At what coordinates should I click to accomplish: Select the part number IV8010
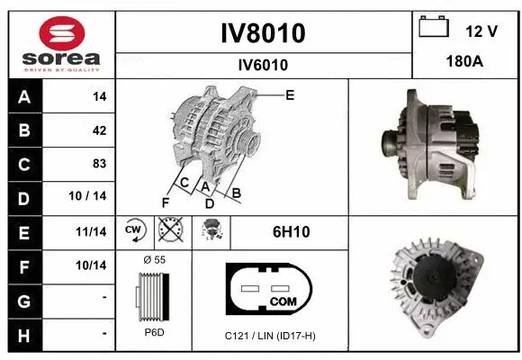(x=263, y=33)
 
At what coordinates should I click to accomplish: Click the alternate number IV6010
(x=263, y=65)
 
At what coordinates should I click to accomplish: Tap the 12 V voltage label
(x=481, y=31)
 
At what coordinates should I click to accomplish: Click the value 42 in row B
(x=99, y=130)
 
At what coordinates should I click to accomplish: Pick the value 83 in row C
(x=99, y=164)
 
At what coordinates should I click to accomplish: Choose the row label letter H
(x=23, y=333)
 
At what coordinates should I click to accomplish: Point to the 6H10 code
(x=291, y=231)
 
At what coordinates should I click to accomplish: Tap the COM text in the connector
(x=283, y=301)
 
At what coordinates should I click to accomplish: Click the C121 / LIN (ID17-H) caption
(x=270, y=336)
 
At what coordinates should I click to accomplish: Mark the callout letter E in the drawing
(x=290, y=94)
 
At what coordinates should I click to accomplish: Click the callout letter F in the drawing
(x=166, y=202)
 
